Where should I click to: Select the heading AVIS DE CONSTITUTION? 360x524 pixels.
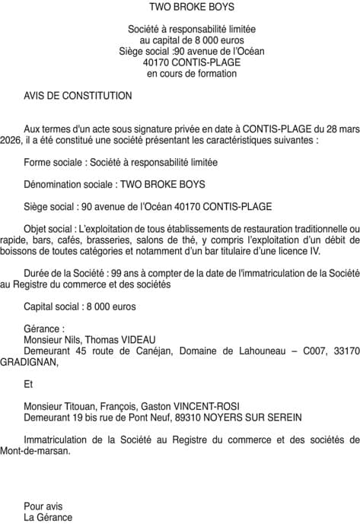click(78, 96)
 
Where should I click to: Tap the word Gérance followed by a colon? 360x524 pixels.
click(43, 329)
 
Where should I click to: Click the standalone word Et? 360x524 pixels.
click(29, 384)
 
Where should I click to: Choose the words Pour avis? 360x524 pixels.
click(43, 506)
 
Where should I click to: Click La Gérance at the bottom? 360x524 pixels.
click(48, 517)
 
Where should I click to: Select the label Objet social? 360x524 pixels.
click(49, 229)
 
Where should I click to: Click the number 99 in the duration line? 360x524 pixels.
click(115, 273)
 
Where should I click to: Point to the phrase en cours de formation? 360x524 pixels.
click(192, 74)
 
